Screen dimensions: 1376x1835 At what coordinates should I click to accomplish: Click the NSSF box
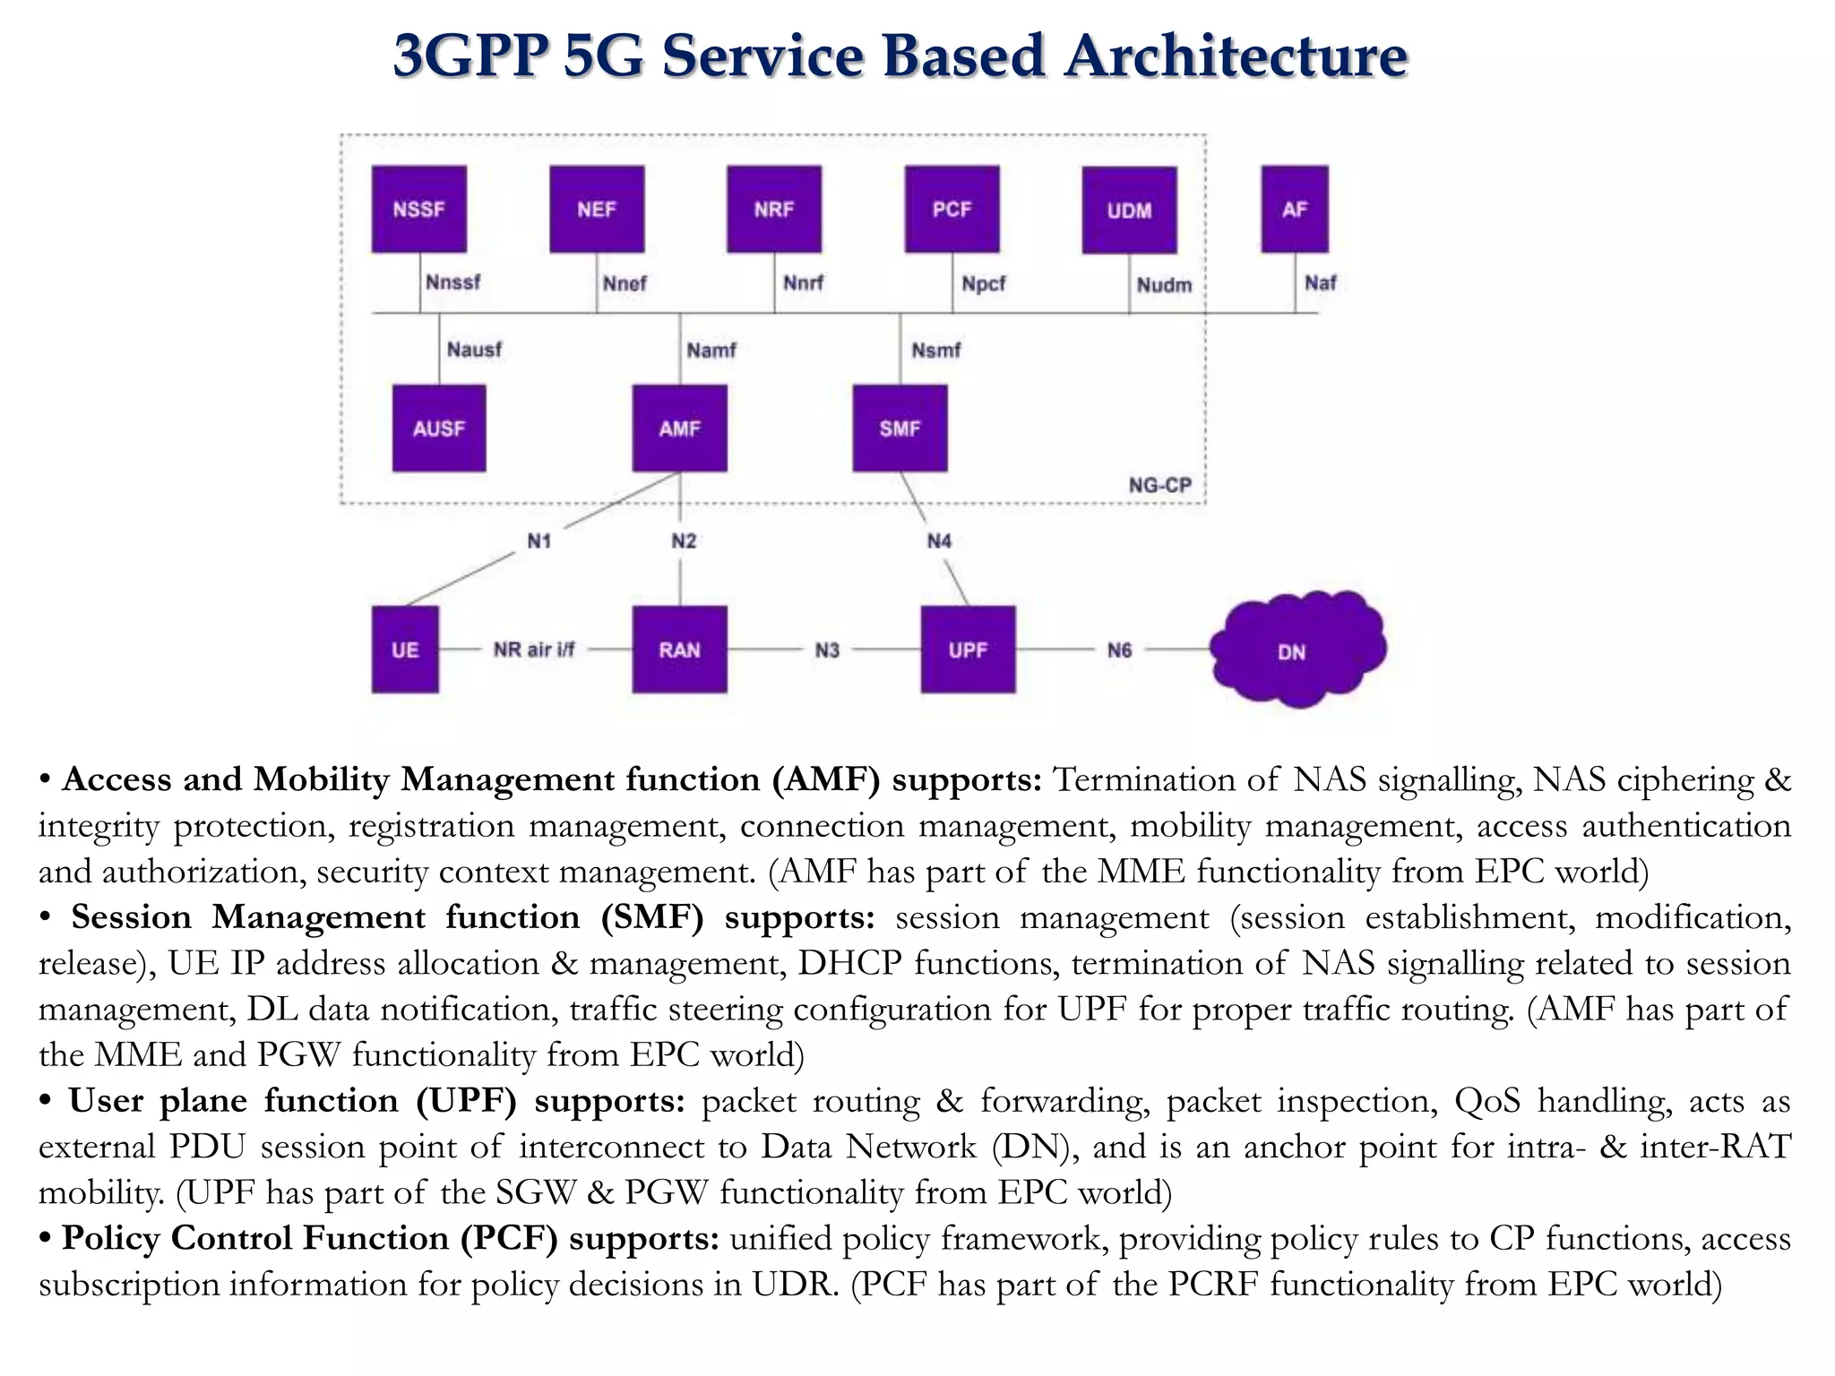[x=419, y=209]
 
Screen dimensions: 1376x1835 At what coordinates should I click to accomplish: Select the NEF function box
[x=597, y=209]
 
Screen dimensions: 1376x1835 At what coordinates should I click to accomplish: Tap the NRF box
[x=774, y=209]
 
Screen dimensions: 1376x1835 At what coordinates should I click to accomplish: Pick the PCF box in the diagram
[x=952, y=209]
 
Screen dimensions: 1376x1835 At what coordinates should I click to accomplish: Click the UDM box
[x=1129, y=210]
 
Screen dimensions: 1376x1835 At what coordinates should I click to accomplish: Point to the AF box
[x=1295, y=209]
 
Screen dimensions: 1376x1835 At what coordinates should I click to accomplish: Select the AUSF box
[x=439, y=428]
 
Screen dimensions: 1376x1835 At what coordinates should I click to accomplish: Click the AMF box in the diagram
[x=679, y=428]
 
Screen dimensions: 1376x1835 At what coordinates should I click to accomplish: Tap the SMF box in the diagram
[x=900, y=428]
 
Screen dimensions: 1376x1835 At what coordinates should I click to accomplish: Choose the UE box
[x=405, y=649]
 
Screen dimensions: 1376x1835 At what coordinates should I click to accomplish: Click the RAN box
[x=679, y=649]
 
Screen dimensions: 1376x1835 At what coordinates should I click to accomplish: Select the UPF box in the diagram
[x=968, y=649]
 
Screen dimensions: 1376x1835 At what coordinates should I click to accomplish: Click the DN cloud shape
[x=1293, y=650]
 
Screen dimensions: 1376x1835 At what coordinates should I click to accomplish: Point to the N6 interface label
[x=1119, y=650]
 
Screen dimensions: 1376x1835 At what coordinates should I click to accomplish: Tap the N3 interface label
[x=827, y=650]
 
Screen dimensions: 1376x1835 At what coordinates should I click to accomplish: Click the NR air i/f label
[x=534, y=649]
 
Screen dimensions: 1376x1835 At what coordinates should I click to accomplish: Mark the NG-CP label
[x=1159, y=486]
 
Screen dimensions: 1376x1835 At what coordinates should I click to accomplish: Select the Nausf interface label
[x=474, y=349]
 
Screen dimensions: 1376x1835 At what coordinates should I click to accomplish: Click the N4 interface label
[x=939, y=541]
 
